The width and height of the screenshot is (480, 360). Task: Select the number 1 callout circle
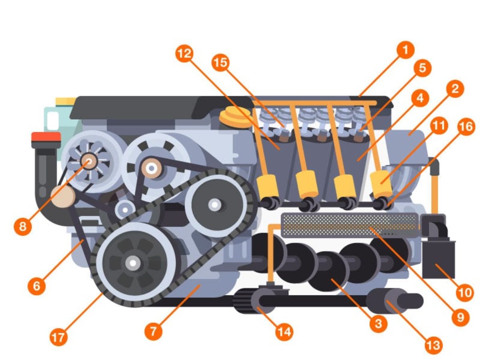405,50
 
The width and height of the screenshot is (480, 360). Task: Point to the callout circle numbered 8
22,227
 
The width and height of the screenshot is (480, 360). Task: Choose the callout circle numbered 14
284,332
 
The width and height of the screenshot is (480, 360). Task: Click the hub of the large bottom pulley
133,263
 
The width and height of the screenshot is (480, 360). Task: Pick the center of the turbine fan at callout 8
89,161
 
